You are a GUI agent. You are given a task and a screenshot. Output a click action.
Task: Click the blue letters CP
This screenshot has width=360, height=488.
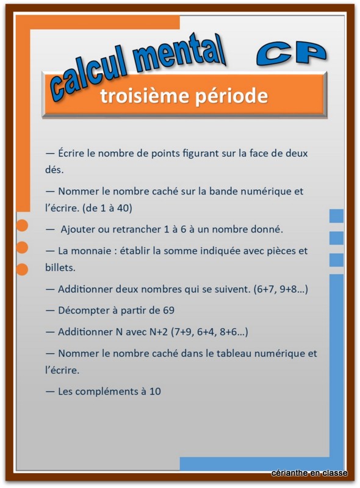[292, 53]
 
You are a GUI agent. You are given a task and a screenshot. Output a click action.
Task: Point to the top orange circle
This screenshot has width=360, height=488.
[22, 225]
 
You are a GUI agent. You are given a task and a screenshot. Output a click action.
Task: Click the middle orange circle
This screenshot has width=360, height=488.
[22, 247]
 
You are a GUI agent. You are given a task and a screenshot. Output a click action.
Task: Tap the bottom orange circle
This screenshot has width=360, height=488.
[22, 269]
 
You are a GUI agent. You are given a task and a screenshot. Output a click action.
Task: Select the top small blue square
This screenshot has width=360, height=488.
[336, 216]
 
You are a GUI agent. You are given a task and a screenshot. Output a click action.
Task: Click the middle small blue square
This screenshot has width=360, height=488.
[336, 238]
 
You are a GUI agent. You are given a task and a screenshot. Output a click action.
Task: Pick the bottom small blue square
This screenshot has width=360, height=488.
[336, 260]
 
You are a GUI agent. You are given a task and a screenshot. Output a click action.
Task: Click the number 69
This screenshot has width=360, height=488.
[168, 310]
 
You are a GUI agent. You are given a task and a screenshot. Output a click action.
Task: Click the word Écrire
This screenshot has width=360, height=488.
[72, 152]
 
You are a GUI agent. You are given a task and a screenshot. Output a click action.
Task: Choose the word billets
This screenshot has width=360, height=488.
[60, 267]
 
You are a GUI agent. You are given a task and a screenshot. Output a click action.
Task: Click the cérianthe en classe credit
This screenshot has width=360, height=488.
[309, 473]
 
